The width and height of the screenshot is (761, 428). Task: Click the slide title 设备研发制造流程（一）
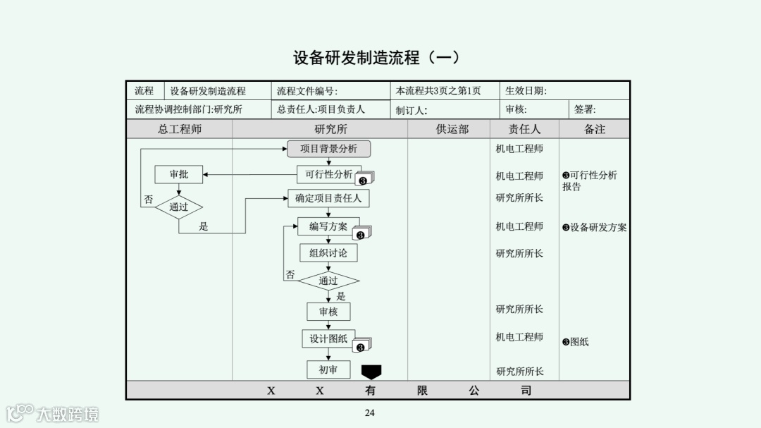376,58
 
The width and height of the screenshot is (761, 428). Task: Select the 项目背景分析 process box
328,149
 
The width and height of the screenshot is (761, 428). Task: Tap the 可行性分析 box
329,174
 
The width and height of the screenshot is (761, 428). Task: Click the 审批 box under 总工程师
179,174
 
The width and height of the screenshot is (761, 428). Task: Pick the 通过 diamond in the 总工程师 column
179,207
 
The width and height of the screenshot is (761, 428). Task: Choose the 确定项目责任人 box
328,199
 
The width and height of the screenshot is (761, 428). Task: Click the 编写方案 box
328,226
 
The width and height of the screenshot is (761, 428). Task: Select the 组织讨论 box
328,252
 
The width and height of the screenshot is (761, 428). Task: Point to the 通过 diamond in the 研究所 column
328,281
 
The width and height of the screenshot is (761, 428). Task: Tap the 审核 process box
328,311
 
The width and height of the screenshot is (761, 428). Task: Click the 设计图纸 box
328,338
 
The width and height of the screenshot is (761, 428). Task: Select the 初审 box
328,369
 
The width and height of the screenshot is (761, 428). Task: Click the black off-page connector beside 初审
371,372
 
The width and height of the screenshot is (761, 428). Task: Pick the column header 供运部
452,129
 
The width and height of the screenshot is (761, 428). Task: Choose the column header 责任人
524,129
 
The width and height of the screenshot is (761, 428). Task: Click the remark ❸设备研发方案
594,228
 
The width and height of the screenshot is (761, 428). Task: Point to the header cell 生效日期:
526,91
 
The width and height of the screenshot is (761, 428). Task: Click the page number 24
370,412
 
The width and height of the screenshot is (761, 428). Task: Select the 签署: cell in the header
585,109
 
